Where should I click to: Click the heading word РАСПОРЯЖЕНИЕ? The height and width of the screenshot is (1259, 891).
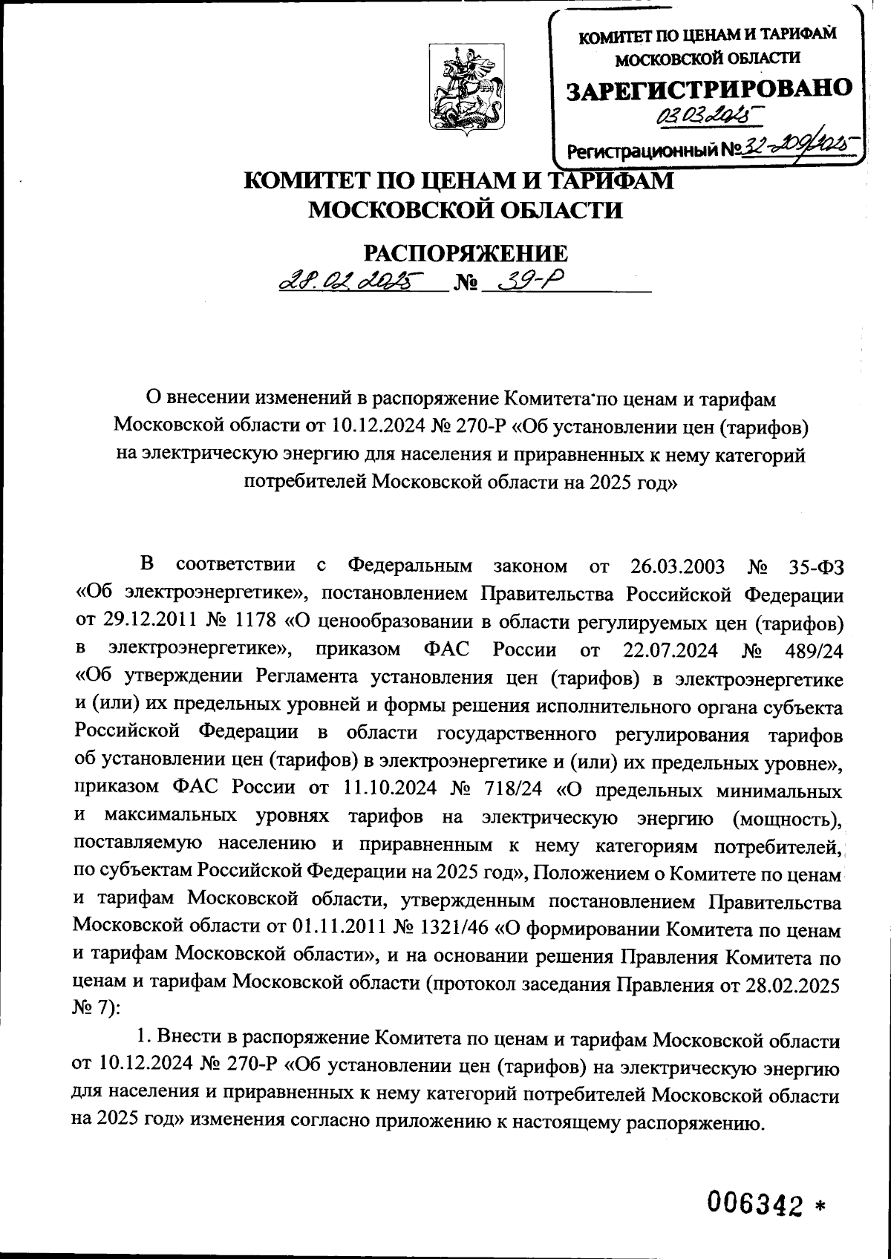464,253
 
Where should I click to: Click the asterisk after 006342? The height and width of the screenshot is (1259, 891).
820,1204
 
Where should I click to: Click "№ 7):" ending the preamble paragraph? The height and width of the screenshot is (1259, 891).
93,1012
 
